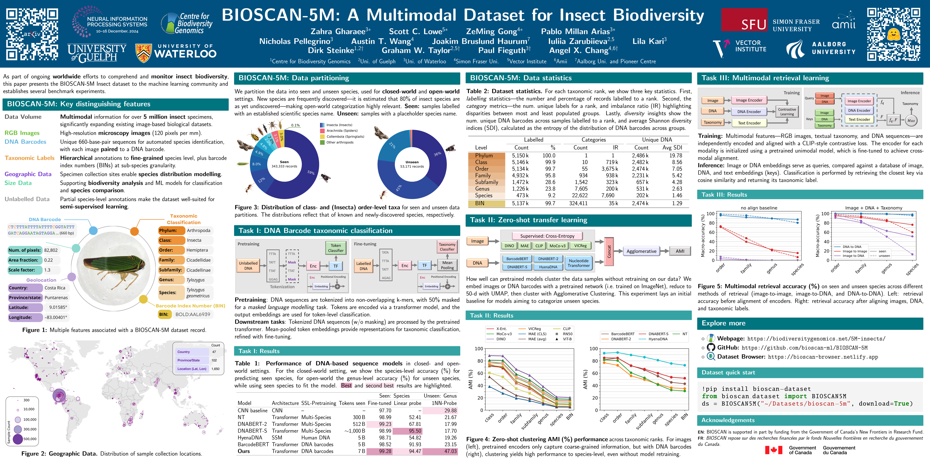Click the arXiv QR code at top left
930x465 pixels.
[x=32, y=34]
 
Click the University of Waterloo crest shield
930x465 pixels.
[x=143, y=53]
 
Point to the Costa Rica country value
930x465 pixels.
[x=55, y=288]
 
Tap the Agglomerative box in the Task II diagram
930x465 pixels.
[x=641, y=251]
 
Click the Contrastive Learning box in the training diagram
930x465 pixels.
[x=787, y=112]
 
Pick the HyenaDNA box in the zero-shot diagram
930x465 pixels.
[x=548, y=267]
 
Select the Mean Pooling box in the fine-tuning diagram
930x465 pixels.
[x=447, y=265]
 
